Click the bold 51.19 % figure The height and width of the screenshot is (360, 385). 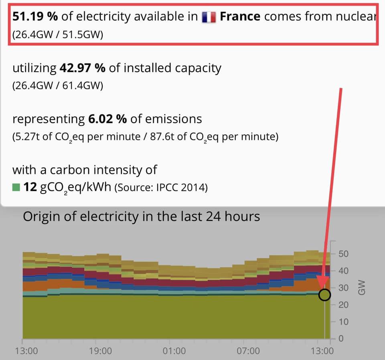click(35, 16)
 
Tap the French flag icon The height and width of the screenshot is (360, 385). click(209, 17)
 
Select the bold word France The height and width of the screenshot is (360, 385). click(240, 16)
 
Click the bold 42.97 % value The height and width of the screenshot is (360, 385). click(82, 68)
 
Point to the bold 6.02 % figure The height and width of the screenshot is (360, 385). click(107, 119)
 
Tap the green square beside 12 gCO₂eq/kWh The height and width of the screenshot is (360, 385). click(16, 187)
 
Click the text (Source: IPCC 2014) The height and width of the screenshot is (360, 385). click(161, 188)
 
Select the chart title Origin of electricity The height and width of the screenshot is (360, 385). click(141, 216)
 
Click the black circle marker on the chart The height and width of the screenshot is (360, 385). click(325, 295)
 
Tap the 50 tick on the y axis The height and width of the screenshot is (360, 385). click(343, 254)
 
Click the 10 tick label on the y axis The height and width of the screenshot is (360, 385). click(343, 322)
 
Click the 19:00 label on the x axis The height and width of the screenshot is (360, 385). click(101, 351)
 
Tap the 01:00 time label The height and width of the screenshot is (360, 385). click(174, 351)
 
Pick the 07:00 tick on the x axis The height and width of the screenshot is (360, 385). click(248, 351)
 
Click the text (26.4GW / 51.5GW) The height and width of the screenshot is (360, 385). click(58, 35)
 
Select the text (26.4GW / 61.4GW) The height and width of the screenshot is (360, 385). click(58, 86)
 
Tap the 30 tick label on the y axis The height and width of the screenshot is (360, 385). click(343, 288)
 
